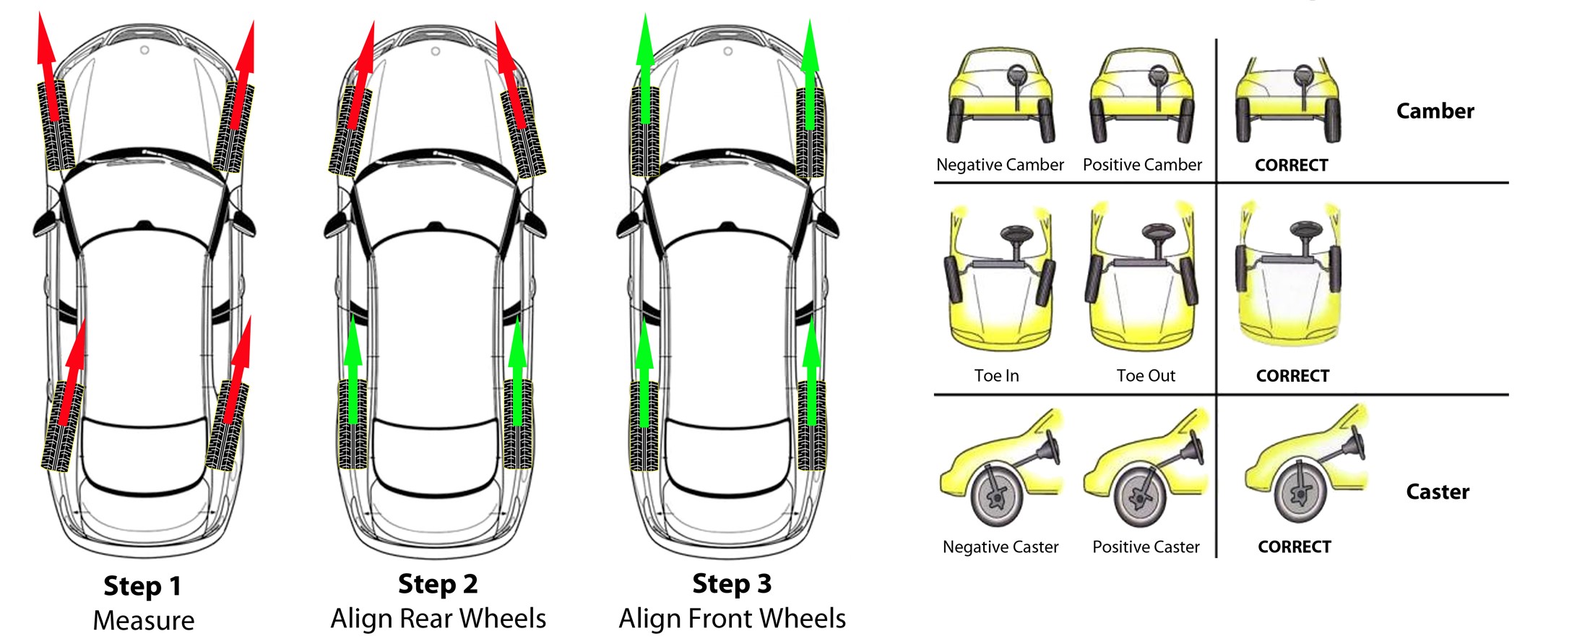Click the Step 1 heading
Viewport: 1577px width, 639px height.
[142, 586]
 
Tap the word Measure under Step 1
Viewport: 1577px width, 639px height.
[144, 621]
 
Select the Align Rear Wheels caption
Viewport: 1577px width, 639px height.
[438, 619]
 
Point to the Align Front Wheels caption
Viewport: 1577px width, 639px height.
[732, 619]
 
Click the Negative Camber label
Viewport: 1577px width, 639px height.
[1000, 165]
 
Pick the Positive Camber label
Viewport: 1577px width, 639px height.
[1142, 165]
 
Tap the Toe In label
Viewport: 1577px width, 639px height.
[996, 376]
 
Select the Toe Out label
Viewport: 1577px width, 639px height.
[1146, 376]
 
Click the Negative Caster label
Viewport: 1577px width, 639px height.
[1001, 547]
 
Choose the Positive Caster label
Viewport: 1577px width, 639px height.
[1146, 547]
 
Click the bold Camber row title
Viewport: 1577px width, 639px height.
[1435, 111]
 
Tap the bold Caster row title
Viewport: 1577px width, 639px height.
[1438, 492]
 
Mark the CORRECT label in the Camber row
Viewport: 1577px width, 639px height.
[1291, 166]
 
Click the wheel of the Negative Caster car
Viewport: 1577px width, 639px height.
[997, 497]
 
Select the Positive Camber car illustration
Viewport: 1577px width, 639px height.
[1141, 98]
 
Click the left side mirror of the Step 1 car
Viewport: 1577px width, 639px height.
[45, 225]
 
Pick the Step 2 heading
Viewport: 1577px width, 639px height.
[438, 584]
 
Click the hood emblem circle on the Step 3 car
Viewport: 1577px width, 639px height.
[728, 51]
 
